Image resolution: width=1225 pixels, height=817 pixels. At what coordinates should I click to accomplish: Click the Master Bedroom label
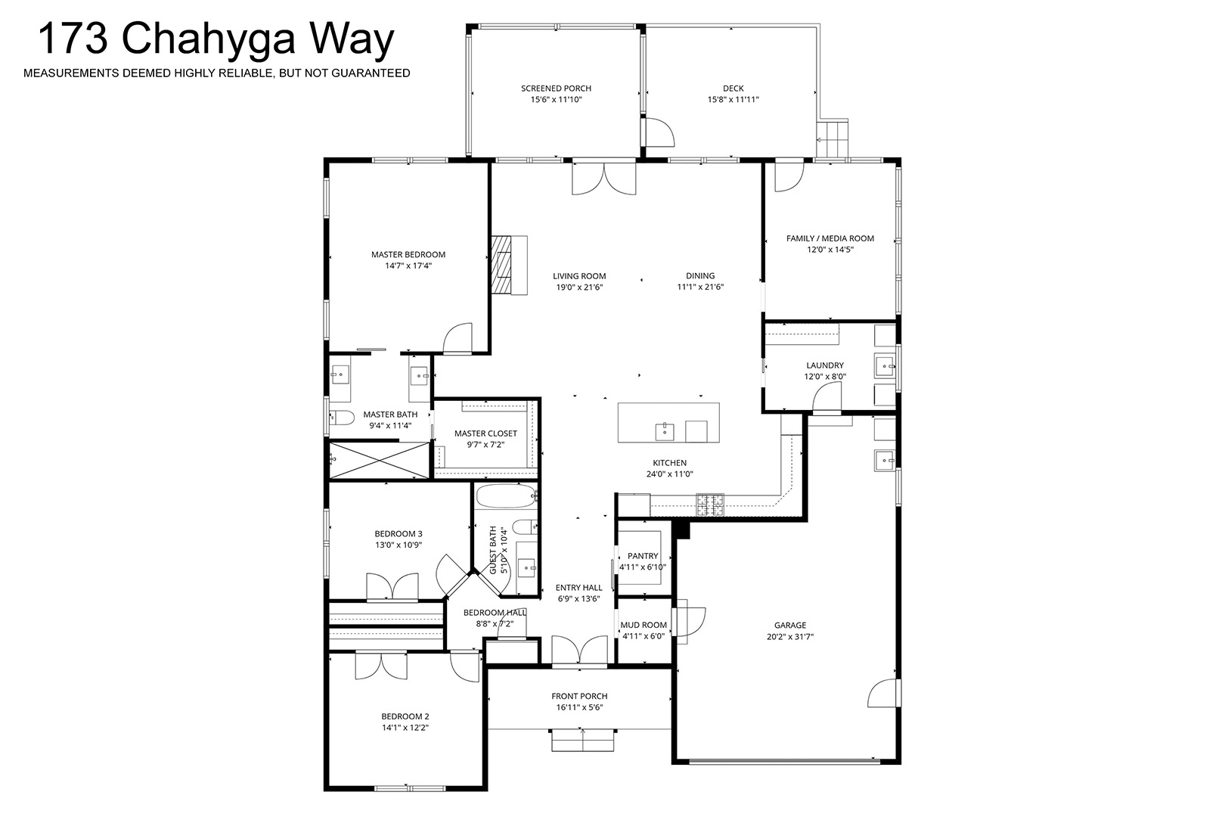(408, 254)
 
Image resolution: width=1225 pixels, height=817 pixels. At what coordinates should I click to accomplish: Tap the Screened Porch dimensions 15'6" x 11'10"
(557, 100)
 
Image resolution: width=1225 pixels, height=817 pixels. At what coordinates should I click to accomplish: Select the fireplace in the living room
(509, 266)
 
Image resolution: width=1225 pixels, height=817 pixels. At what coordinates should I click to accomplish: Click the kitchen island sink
(665, 431)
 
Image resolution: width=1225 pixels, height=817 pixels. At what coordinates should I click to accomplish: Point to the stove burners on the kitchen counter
(710, 505)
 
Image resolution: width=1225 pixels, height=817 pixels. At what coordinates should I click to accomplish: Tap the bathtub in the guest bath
(507, 495)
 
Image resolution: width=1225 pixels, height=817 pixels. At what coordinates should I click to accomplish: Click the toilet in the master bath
(341, 418)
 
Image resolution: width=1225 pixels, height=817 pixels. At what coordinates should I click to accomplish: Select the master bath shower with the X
(379, 460)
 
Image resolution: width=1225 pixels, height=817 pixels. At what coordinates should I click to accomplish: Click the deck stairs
(832, 138)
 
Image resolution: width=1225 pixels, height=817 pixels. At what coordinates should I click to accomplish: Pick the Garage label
(789, 625)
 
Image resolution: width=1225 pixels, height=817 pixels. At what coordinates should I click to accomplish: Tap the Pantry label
(643, 556)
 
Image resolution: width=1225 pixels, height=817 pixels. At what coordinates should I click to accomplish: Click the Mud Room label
(643, 625)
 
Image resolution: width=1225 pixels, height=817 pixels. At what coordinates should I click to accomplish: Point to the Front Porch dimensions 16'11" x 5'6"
(579, 707)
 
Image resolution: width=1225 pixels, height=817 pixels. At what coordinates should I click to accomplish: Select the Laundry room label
(825, 365)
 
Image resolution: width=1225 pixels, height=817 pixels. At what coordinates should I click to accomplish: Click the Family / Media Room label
(830, 238)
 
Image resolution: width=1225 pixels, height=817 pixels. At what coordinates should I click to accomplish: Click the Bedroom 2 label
(405, 716)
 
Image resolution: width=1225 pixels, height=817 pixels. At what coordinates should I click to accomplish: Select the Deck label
(733, 88)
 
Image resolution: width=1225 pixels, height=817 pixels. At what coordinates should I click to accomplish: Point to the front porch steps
(582, 740)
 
